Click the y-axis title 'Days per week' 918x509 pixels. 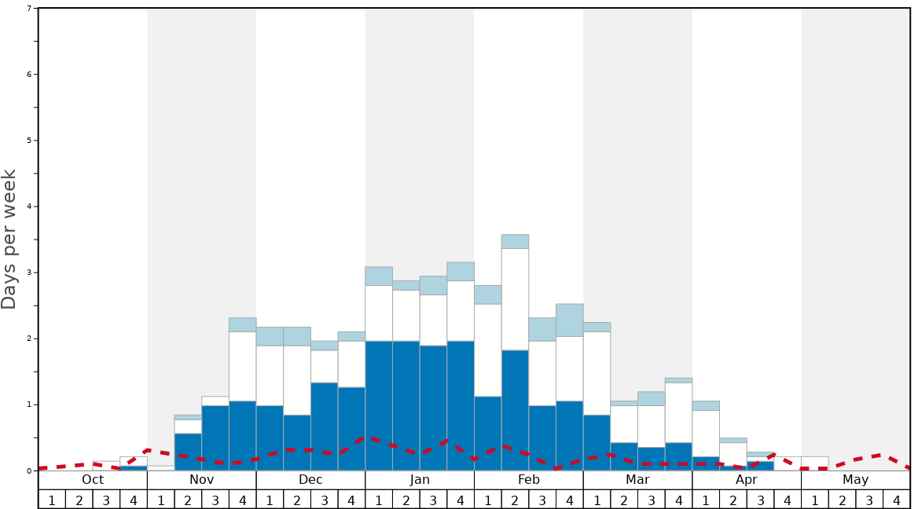tap(9, 240)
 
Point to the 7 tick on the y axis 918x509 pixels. tap(30, 9)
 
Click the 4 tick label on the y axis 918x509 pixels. tap(30, 207)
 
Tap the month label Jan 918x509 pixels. tap(420, 480)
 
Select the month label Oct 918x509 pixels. tap(93, 480)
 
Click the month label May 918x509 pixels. tap(856, 480)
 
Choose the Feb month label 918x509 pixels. tap(529, 480)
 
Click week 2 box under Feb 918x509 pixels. tap(516, 500)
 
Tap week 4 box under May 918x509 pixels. tap(897, 500)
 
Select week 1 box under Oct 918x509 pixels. tap(52, 500)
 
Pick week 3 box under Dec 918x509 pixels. tap(325, 500)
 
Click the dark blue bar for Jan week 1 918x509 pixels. tap(379, 405)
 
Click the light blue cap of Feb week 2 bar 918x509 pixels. tap(516, 241)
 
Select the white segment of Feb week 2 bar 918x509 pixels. tap(516, 299)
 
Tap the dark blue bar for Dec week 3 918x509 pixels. tap(325, 427)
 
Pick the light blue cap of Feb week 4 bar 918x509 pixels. tap(570, 320)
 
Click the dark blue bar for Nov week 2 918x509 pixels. tap(188, 452)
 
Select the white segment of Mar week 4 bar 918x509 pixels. tap(679, 412)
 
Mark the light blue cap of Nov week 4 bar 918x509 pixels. tap(243, 324)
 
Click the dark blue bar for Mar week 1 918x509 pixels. tap(597, 442)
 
